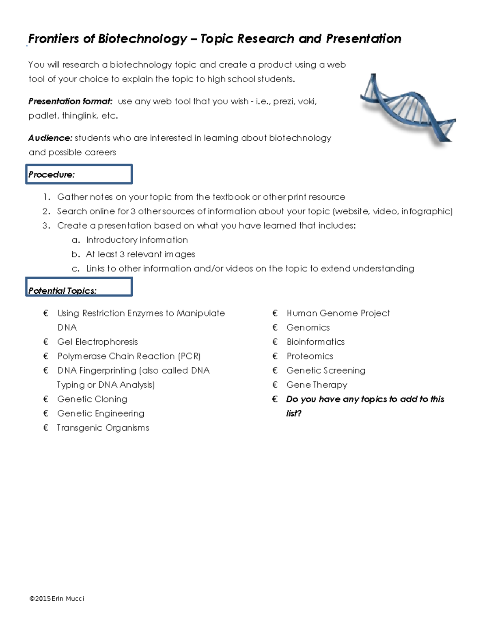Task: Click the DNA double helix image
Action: pyautogui.click(x=407, y=108)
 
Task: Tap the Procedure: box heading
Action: pyautogui.click(x=52, y=175)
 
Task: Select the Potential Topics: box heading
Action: pyautogui.click(x=62, y=291)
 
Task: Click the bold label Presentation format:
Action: pyautogui.click(x=70, y=101)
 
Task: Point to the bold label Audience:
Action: pyautogui.click(x=50, y=138)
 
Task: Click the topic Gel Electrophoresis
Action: pyautogui.click(x=97, y=342)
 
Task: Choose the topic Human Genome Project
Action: pyautogui.click(x=338, y=313)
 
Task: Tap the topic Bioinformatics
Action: pyautogui.click(x=315, y=342)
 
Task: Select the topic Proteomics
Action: pyautogui.click(x=310, y=356)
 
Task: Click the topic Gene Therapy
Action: pyautogui.click(x=317, y=385)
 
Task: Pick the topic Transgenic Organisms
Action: pyautogui.click(x=103, y=428)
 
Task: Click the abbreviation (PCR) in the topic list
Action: pyautogui.click(x=189, y=356)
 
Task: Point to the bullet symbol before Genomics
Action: pyautogui.click(x=275, y=328)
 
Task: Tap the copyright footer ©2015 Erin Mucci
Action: pyautogui.click(x=57, y=599)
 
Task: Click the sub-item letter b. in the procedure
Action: pyautogui.click(x=75, y=254)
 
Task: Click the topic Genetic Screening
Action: pyautogui.click(x=325, y=371)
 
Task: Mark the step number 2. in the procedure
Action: pyautogui.click(x=46, y=211)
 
